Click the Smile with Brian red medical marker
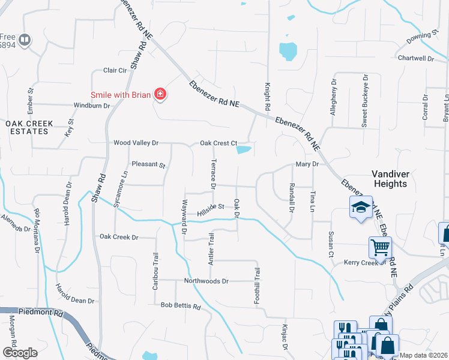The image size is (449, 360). [160, 94]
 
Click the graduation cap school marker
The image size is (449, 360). [360, 208]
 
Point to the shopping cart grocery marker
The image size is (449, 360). [379, 247]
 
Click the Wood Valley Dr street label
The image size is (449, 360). [136, 143]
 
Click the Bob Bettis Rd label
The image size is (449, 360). [180, 306]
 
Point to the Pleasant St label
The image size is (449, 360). [148, 164]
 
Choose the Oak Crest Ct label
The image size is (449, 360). [218, 143]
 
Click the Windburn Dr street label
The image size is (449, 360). [91, 106]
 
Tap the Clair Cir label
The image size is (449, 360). [115, 70]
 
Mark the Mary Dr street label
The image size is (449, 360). [306, 164]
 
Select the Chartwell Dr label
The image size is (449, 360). [415, 58]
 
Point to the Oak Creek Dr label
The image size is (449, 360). [119, 237]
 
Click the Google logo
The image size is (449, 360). [20, 353]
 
